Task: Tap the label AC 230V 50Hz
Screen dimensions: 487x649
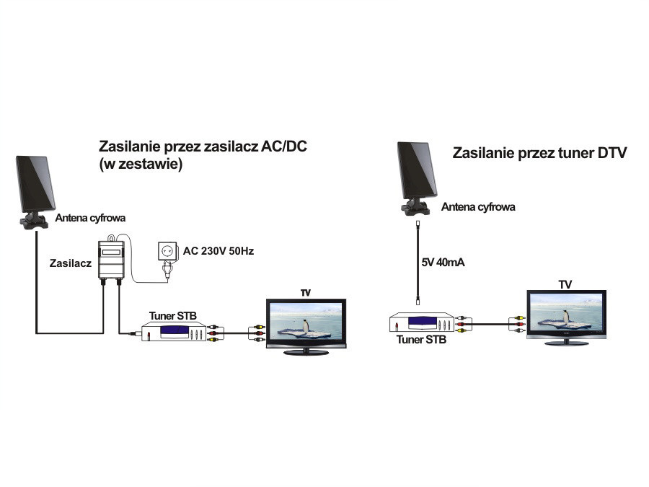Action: pyautogui.click(x=218, y=251)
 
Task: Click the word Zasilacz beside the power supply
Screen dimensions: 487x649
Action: pyautogui.click(x=70, y=263)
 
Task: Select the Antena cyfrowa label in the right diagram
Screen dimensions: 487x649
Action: pyautogui.click(x=478, y=207)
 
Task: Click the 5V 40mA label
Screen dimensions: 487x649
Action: pyautogui.click(x=443, y=262)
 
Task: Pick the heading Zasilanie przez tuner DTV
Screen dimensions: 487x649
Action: pyautogui.click(x=539, y=153)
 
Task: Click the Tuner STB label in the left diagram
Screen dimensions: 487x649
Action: pyautogui.click(x=173, y=315)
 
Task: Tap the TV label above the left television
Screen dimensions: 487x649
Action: pyautogui.click(x=306, y=293)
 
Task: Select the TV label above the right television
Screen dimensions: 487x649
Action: pyautogui.click(x=565, y=284)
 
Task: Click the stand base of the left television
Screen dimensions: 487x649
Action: pyautogui.click(x=306, y=352)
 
